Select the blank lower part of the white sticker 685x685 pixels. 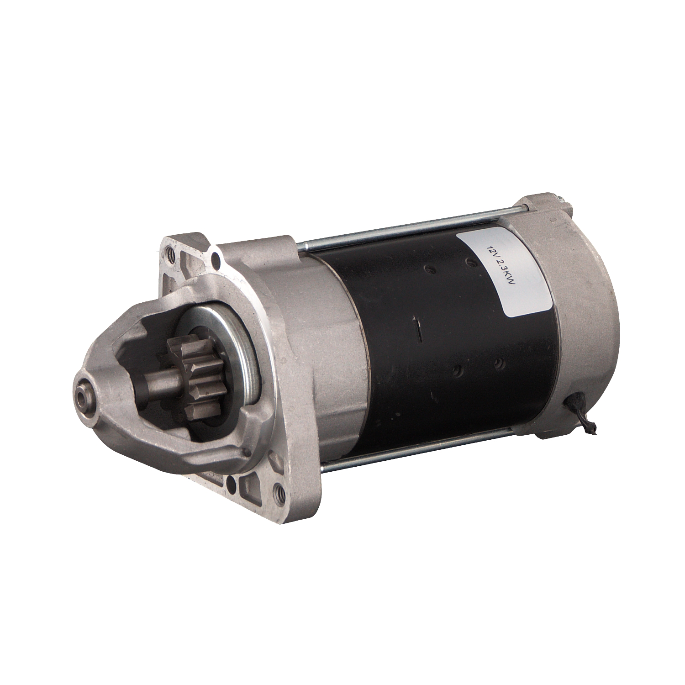click(525, 292)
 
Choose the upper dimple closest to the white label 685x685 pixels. click(469, 262)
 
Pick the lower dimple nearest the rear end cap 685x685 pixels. click(499, 363)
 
